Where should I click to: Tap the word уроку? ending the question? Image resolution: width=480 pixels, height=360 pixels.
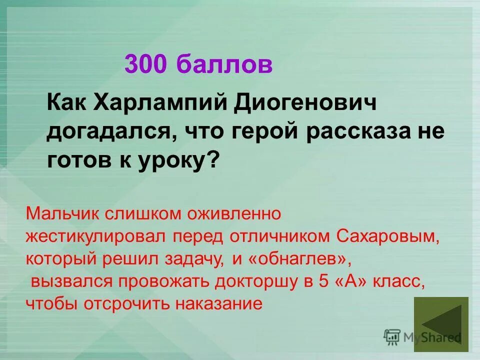[176, 161]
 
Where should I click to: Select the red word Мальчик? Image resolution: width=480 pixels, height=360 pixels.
[62, 214]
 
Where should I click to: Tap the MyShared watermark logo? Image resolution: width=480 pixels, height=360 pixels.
[422, 337]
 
